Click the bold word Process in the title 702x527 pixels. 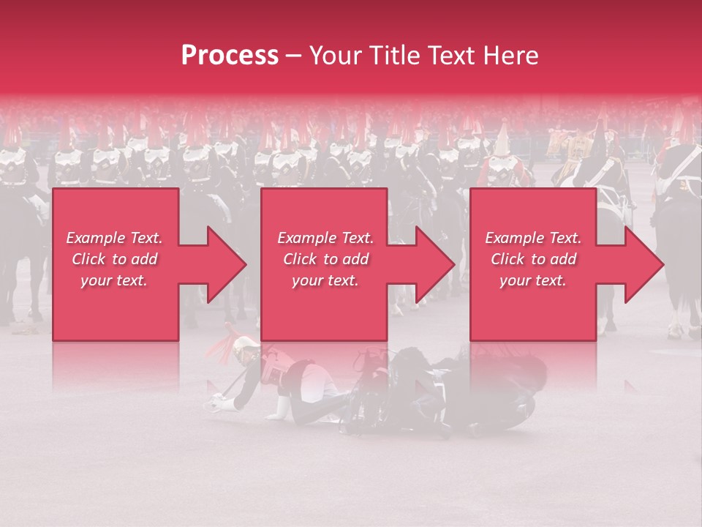point(230,55)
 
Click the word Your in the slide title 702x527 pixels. point(335,55)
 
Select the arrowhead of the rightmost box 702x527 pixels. point(643,264)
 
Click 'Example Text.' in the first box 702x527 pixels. point(114,238)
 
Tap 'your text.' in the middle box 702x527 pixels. point(325,280)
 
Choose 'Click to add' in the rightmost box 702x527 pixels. point(533,259)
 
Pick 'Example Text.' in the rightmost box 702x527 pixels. point(533,238)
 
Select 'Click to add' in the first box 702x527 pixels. point(114,259)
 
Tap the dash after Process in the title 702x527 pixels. point(294,56)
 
